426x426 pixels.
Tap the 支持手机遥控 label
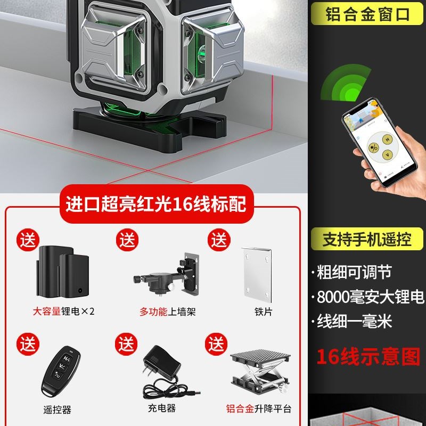click(368, 239)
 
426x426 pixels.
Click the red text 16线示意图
click(368, 356)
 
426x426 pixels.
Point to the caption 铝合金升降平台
click(259, 409)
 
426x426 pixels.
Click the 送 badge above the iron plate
click(218, 239)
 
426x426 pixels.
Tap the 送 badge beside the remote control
click(27, 343)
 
